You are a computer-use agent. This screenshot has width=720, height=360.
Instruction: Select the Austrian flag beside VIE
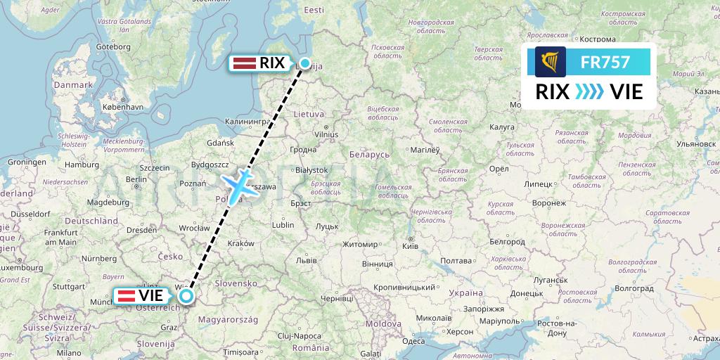(x=127, y=295)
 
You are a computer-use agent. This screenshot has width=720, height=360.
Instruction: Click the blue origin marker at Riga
(x=305, y=63)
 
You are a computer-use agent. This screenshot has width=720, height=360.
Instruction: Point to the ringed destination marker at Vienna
(x=186, y=296)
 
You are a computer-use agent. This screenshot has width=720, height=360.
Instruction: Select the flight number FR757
(x=605, y=63)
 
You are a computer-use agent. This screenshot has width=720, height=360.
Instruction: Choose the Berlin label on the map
(x=136, y=179)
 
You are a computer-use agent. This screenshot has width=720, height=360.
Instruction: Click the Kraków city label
(x=240, y=243)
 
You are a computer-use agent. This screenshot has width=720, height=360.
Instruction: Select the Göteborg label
(x=113, y=46)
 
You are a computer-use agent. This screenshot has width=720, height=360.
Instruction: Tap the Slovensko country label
(x=237, y=282)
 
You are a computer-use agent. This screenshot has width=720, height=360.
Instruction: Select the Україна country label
(x=465, y=292)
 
